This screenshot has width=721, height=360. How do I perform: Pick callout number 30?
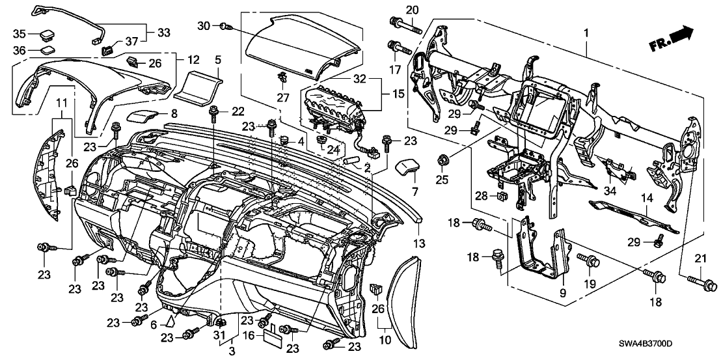point(203,25)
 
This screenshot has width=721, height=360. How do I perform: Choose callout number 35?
point(19,33)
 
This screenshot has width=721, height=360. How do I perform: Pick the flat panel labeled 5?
point(198,85)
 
